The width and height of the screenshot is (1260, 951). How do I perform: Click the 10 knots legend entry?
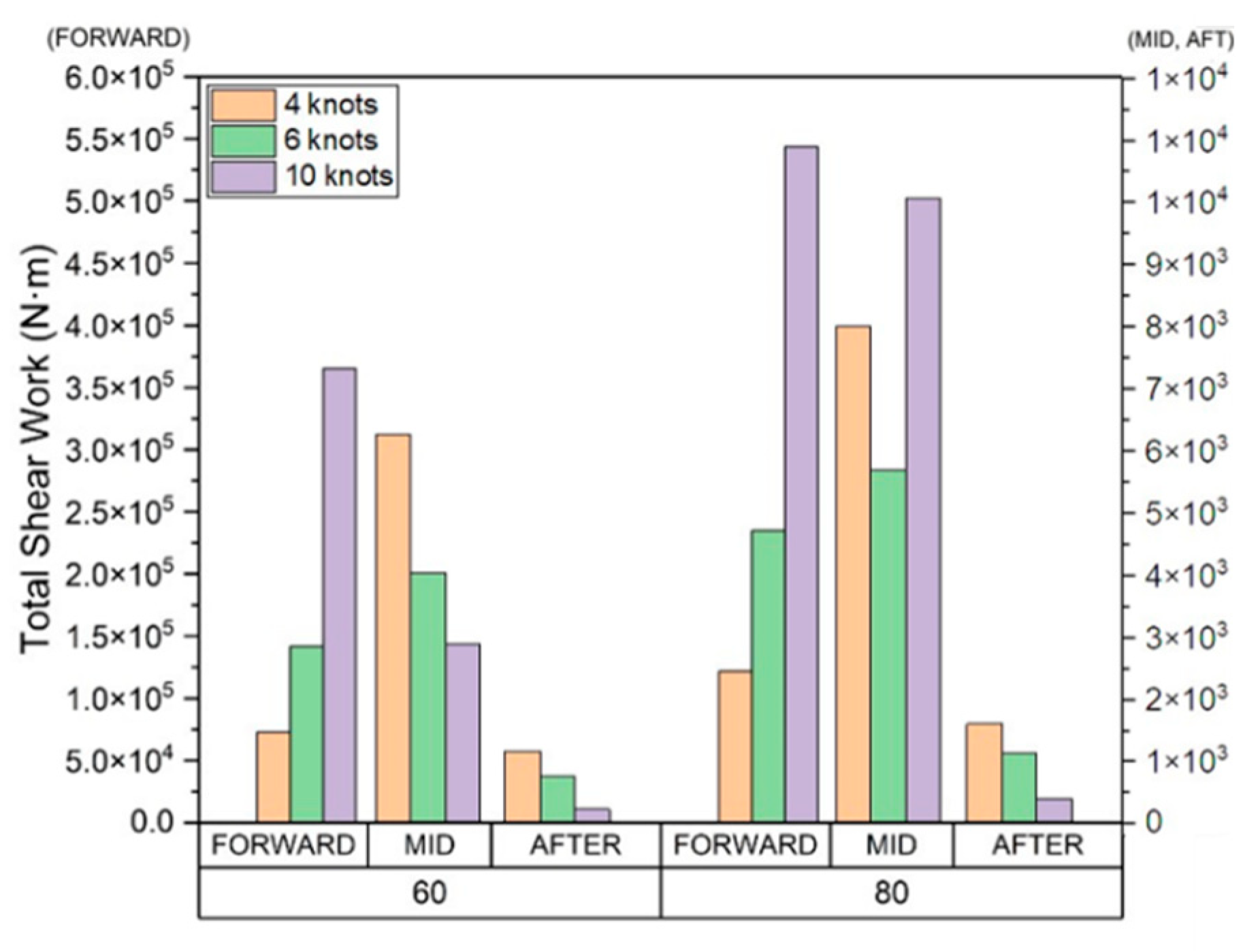338,176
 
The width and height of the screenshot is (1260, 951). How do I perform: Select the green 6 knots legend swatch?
243,140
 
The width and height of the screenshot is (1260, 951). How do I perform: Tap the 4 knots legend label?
331,104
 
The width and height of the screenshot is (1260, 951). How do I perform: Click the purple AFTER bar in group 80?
1054,810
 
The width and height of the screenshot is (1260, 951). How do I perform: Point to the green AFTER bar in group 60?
558,799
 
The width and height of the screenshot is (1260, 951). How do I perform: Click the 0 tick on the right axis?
1152,822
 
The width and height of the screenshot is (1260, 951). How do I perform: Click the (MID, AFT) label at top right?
1180,40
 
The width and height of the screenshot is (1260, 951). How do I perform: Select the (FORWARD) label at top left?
118,39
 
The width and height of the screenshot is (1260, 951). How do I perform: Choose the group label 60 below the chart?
430,892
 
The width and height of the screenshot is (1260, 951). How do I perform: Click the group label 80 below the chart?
890,892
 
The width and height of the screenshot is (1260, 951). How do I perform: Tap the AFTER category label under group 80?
1037,845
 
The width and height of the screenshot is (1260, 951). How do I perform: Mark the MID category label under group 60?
429,845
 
